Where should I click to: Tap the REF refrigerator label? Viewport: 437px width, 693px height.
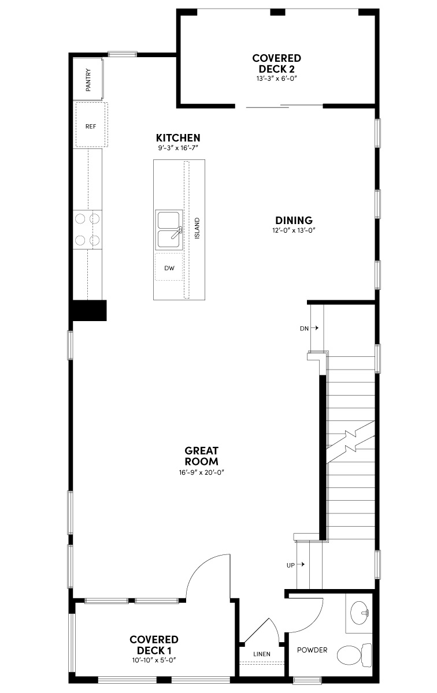(91, 126)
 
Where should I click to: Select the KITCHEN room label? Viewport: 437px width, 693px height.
(178, 138)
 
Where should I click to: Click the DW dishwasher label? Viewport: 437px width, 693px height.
(169, 268)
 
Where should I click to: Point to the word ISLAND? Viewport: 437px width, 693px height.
(197, 229)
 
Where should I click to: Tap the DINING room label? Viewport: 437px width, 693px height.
(294, 220)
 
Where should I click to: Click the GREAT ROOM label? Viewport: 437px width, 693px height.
(201, 456)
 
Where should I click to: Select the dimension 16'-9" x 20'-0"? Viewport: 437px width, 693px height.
(201, 472)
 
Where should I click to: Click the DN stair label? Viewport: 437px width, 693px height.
(305, 328)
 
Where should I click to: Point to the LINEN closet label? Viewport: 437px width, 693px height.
(262, 654)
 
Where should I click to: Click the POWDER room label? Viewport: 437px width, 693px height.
(312, 650)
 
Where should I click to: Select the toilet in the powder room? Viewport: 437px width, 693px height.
(352, 655)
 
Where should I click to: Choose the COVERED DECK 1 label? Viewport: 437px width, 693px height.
(154, 645)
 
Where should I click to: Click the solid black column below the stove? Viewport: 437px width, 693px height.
(88, 310)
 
